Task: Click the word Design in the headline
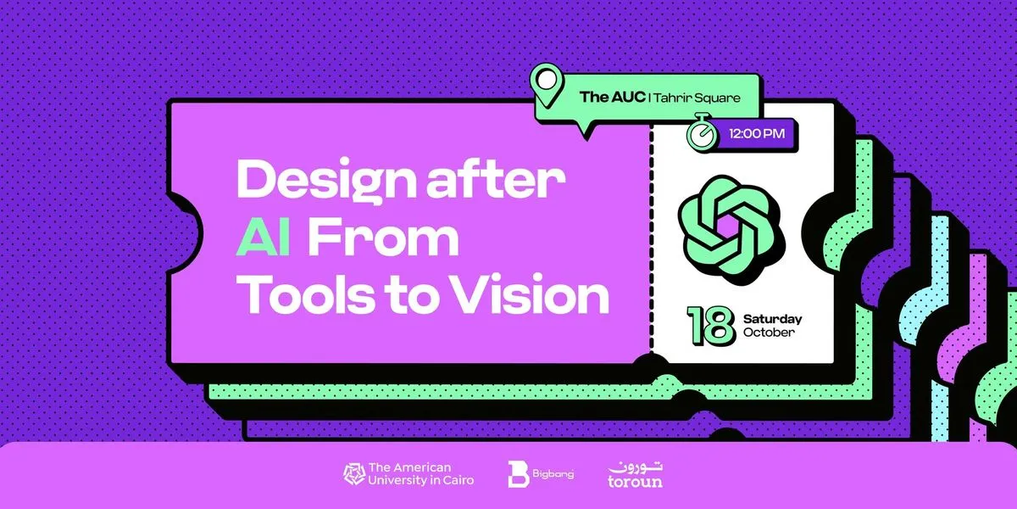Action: [326, 182]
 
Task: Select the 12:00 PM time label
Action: [757, 134]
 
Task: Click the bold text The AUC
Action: [612, 97]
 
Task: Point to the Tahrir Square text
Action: [697, 98]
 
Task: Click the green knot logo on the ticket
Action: [731, 230]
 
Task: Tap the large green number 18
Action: [711, 325]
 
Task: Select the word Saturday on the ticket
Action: [772, 319]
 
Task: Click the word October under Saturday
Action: [769, 333]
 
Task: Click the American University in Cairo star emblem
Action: [354, 474]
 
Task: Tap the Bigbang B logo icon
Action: [518, 474]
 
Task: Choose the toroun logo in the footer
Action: [635, 475]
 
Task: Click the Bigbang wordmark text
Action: [553, 474]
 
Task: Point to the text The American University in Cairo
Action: [421, 474]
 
